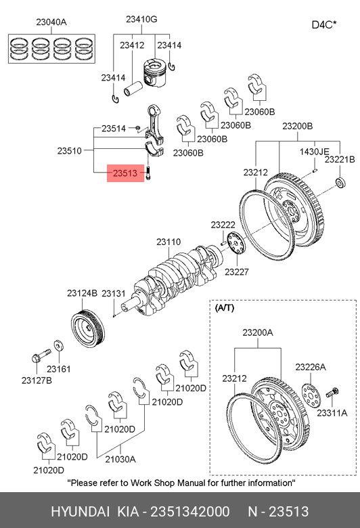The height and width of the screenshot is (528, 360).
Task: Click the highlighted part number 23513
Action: pos(125,173)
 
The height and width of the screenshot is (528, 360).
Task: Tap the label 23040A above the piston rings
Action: pos(51,22)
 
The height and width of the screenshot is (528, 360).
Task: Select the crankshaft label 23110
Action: pos(168,242)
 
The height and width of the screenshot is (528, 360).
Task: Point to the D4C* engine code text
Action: pos(324,25)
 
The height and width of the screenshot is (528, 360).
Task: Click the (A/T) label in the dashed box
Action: pos(224,307)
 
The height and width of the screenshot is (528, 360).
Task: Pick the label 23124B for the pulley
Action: pos(82,293)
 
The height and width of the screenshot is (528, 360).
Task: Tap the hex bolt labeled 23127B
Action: pos(41,356)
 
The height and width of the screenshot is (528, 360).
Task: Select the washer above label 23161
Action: pos(60,346)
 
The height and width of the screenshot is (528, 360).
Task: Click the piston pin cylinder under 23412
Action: pos(133,89)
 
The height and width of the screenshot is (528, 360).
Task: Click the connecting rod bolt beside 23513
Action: pos(149,173)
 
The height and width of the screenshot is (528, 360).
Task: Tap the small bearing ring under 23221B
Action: pos(341,182)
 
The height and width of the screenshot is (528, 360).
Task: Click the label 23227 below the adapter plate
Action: pos(237,271)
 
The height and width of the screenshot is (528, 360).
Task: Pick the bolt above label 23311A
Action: pos(332,393)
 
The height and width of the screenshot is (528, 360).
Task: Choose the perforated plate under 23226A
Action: pos(311,395)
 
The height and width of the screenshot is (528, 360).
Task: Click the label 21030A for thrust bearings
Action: pos(120,459)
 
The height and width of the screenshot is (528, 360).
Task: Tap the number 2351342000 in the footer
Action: pos(190,512)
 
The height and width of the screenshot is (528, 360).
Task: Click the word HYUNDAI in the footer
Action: pos(80,512)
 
